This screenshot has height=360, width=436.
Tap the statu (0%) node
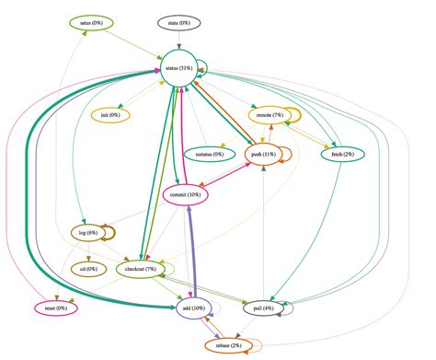(180, 22)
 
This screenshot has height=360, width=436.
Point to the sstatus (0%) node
(203, 154)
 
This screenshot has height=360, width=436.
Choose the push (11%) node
(263, 155)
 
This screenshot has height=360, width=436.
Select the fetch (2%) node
(343, 154)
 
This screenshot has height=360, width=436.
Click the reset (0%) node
(55, 308)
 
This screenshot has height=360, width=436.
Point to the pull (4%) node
(264, 308)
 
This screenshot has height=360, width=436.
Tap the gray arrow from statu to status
(180, 39)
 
